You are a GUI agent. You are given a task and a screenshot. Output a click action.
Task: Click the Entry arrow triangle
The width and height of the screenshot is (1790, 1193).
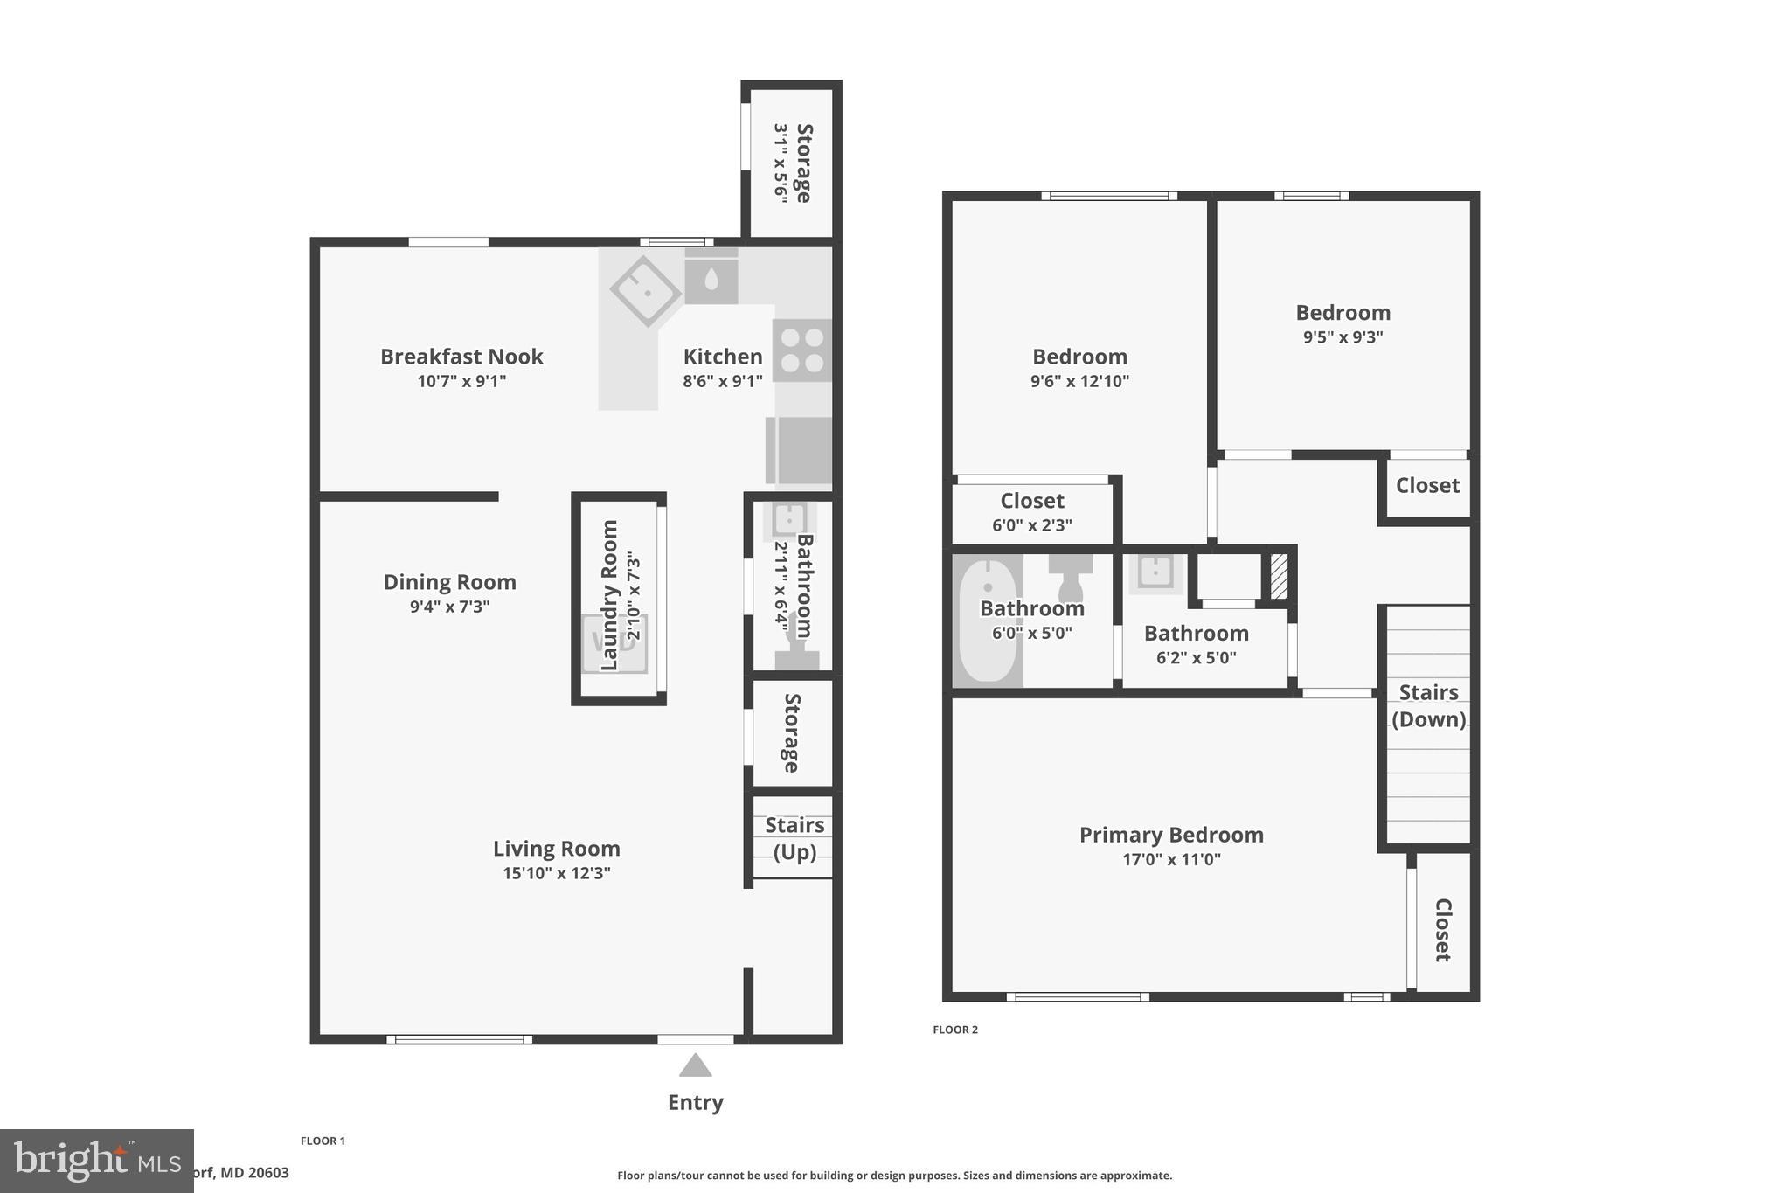click(695, 1065)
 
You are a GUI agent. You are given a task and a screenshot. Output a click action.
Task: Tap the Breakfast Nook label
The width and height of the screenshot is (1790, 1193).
click(461, 357)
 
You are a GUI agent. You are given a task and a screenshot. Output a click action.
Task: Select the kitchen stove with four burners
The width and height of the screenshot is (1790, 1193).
click(801, 350)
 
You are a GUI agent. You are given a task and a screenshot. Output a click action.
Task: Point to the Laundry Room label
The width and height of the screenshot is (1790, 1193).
click(610, 595)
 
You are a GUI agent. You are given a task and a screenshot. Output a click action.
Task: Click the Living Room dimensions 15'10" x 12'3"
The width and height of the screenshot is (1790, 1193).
click(556, 873)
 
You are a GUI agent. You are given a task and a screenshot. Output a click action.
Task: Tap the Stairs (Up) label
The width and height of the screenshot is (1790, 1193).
click(794, 838)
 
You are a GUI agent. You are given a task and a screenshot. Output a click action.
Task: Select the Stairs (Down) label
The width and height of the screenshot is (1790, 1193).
click(1428, 705)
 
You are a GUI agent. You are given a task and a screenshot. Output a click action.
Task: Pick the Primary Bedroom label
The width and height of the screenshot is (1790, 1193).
click(1171, 835)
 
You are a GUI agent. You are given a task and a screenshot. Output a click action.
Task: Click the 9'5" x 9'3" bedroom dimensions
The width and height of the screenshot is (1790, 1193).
click(1342, 337)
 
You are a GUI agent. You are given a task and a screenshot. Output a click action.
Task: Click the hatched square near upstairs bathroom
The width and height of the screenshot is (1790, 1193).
click(1279, 577)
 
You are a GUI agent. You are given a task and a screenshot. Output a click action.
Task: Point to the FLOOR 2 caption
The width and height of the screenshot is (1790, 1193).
click(955, 1030)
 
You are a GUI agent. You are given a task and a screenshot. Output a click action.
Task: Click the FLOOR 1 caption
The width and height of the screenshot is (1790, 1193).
click(323, 1141)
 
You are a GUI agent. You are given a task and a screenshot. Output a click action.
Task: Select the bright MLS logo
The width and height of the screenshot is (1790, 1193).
click(96, 1161)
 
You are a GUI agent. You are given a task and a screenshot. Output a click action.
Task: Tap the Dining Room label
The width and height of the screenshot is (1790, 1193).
click(449, 582)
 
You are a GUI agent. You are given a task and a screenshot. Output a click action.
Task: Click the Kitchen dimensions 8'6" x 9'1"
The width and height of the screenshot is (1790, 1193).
click(722, 381)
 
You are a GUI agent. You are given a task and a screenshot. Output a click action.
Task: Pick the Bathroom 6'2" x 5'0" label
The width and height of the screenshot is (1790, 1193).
click(1196, 633)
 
